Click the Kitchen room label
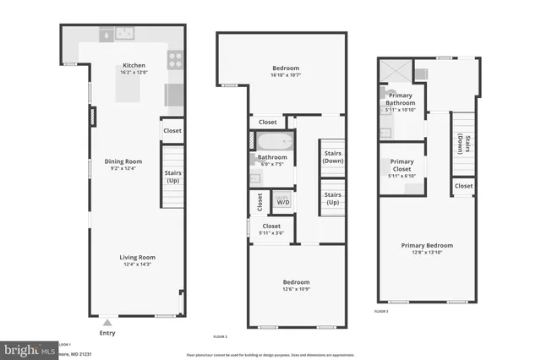click(134, 65)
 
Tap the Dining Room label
click(123, 161)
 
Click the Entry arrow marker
click(107, 322)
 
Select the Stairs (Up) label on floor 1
click(172, 177)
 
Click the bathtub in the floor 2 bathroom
click(272, 141)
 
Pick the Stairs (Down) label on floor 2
click(332, 157)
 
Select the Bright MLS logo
click(27, 349)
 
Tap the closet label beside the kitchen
click(172, 131)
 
